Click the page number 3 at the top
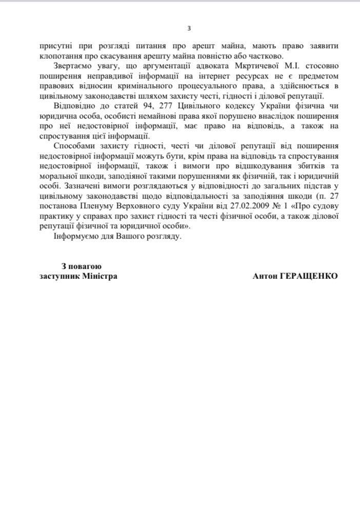click(189, 28)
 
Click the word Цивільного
click(190, 107)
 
